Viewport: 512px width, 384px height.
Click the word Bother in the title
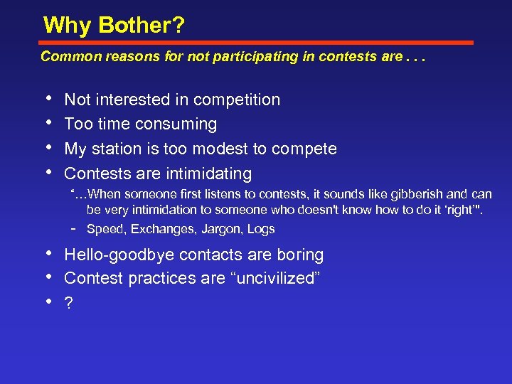142,26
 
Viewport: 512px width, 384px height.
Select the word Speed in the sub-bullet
103,229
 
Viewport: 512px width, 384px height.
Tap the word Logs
261,229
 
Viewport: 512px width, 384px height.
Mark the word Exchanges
160,229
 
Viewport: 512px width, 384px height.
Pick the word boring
299,255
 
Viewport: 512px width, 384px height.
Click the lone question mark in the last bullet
69,303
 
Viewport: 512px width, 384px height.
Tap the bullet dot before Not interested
48,98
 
